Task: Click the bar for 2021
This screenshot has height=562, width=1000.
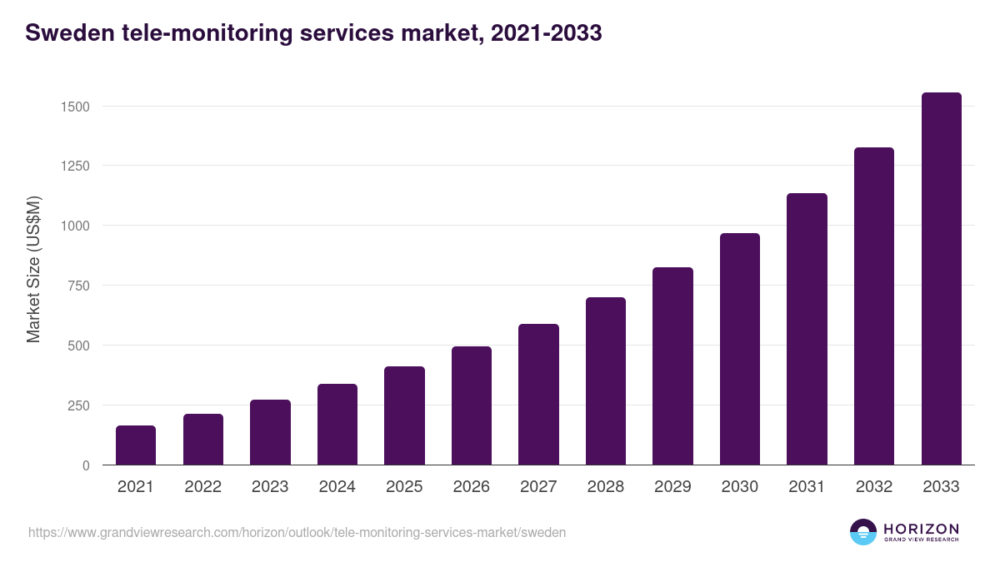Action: [x=136, y=445]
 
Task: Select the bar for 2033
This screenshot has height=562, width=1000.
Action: [x=941, y=279]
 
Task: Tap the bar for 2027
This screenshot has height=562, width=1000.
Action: [x=538, y=395]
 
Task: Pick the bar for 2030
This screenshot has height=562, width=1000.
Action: [x=740, y=349]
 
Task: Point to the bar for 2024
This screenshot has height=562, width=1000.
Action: [x=337, y=425]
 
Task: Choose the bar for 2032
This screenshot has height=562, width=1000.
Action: [x=874, y=306]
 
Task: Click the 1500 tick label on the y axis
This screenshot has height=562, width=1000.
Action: [x=74, y=107]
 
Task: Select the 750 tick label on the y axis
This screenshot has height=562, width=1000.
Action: [x=78, y=286]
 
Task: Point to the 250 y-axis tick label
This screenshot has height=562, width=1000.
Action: [x=78, y=405]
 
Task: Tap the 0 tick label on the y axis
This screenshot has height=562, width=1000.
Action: [x=86, y=465]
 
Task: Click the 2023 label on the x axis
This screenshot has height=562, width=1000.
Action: [x=270, y=487]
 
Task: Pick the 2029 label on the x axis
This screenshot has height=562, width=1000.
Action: [x=672, y=487]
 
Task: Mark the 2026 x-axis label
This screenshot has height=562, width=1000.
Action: [x=472, y=487]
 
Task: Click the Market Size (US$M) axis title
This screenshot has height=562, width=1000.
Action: [x=33, y=269]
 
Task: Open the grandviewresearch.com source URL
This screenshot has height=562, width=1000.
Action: [x=297, y=532]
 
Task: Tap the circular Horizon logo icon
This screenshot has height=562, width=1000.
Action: [x=863, y=532]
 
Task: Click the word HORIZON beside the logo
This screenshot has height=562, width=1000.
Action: [x=921, y=529]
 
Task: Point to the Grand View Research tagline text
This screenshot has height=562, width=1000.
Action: [x=921, y=540]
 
